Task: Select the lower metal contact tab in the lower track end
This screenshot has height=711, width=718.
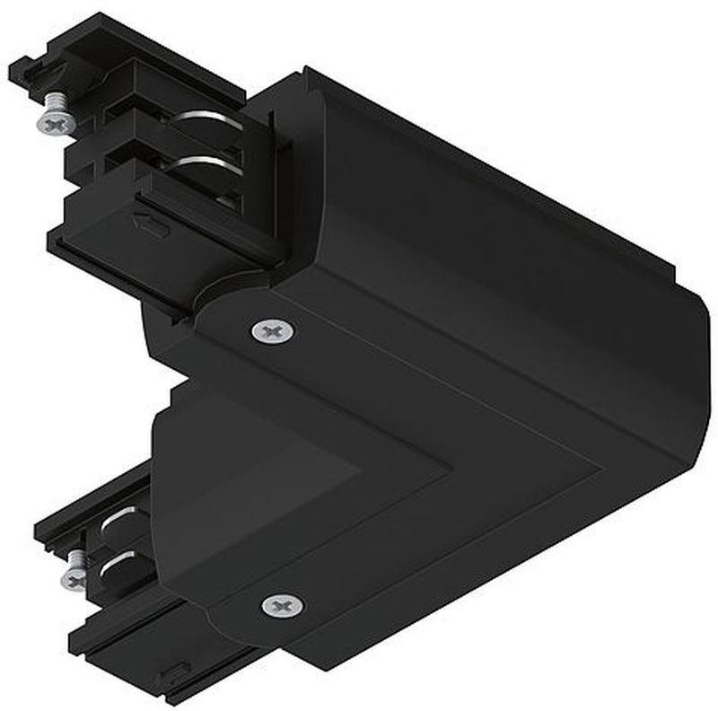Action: click(x=119, y=568)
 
